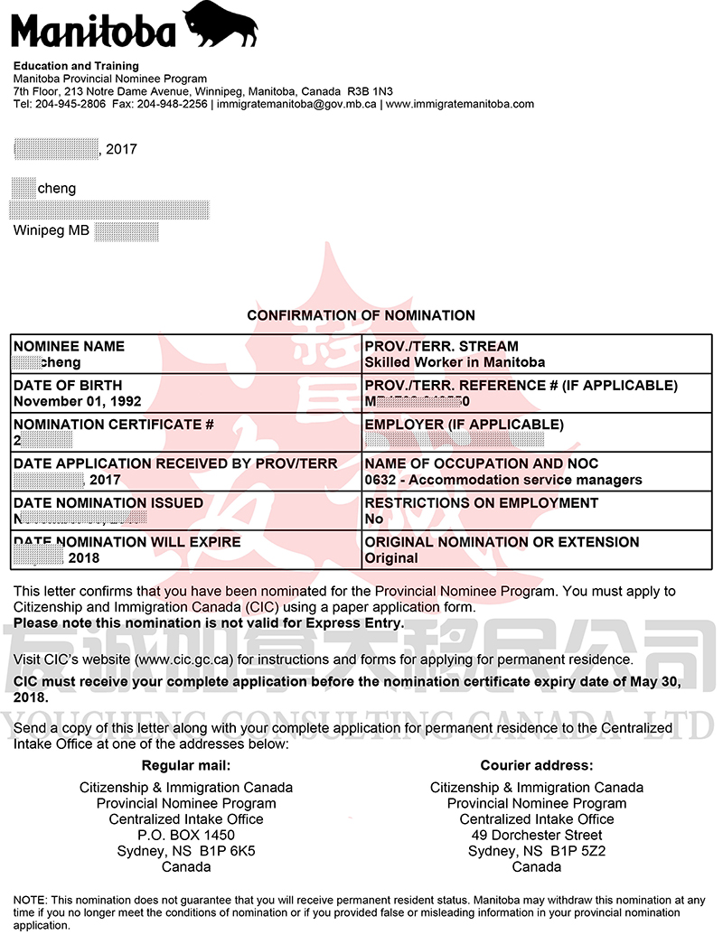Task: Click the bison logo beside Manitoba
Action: [x=221, y=24]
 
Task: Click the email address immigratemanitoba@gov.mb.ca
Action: [x=296, y=104]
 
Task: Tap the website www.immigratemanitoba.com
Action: [x=459, y=104]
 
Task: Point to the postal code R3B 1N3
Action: [x=371, y=91]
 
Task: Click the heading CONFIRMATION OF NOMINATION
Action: [x=361, y=315]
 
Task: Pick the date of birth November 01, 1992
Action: [x=78, y=401]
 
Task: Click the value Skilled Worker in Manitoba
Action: [x=455, y=362]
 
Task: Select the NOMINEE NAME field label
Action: [x=70, y=346]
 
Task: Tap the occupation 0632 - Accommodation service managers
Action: [x=503, y=480]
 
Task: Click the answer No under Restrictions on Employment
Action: [x=373, y=519]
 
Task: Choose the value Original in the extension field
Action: [x=391, y=558]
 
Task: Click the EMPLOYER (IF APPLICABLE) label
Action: [x=464, y=425]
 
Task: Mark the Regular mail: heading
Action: [x=186, y=765]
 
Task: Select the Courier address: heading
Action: [x=537, y=765]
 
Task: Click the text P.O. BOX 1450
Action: [x=186, y=835]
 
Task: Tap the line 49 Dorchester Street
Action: [x=537, y=835]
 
